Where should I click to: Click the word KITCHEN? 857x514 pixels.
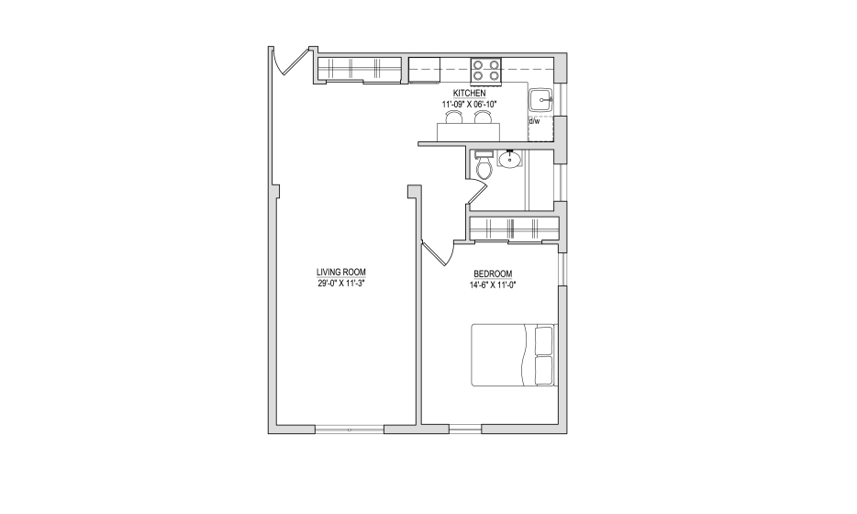point(469,94)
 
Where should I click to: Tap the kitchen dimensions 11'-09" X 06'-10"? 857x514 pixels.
point(469,104)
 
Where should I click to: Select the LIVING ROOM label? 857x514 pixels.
point(341,273)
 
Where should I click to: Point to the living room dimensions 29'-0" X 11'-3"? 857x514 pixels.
point(341,284)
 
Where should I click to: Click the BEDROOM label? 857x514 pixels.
point(493,274)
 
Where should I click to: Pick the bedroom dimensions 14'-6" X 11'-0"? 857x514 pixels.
point(493,285)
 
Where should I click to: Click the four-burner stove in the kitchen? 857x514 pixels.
point(486,71)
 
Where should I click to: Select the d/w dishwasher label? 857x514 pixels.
point(534,121)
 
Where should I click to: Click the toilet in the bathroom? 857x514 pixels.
point(484,165)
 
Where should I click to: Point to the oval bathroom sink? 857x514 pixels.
point(510,159)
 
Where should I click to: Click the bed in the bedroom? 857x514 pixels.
point(514,355)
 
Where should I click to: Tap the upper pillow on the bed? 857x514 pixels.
point(544,341)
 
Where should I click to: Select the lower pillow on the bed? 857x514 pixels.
point(544,370)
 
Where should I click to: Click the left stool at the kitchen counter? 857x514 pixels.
point(454,117)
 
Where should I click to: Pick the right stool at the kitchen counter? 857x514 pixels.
point(482,117)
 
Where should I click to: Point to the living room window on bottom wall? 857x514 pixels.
point(350,430)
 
